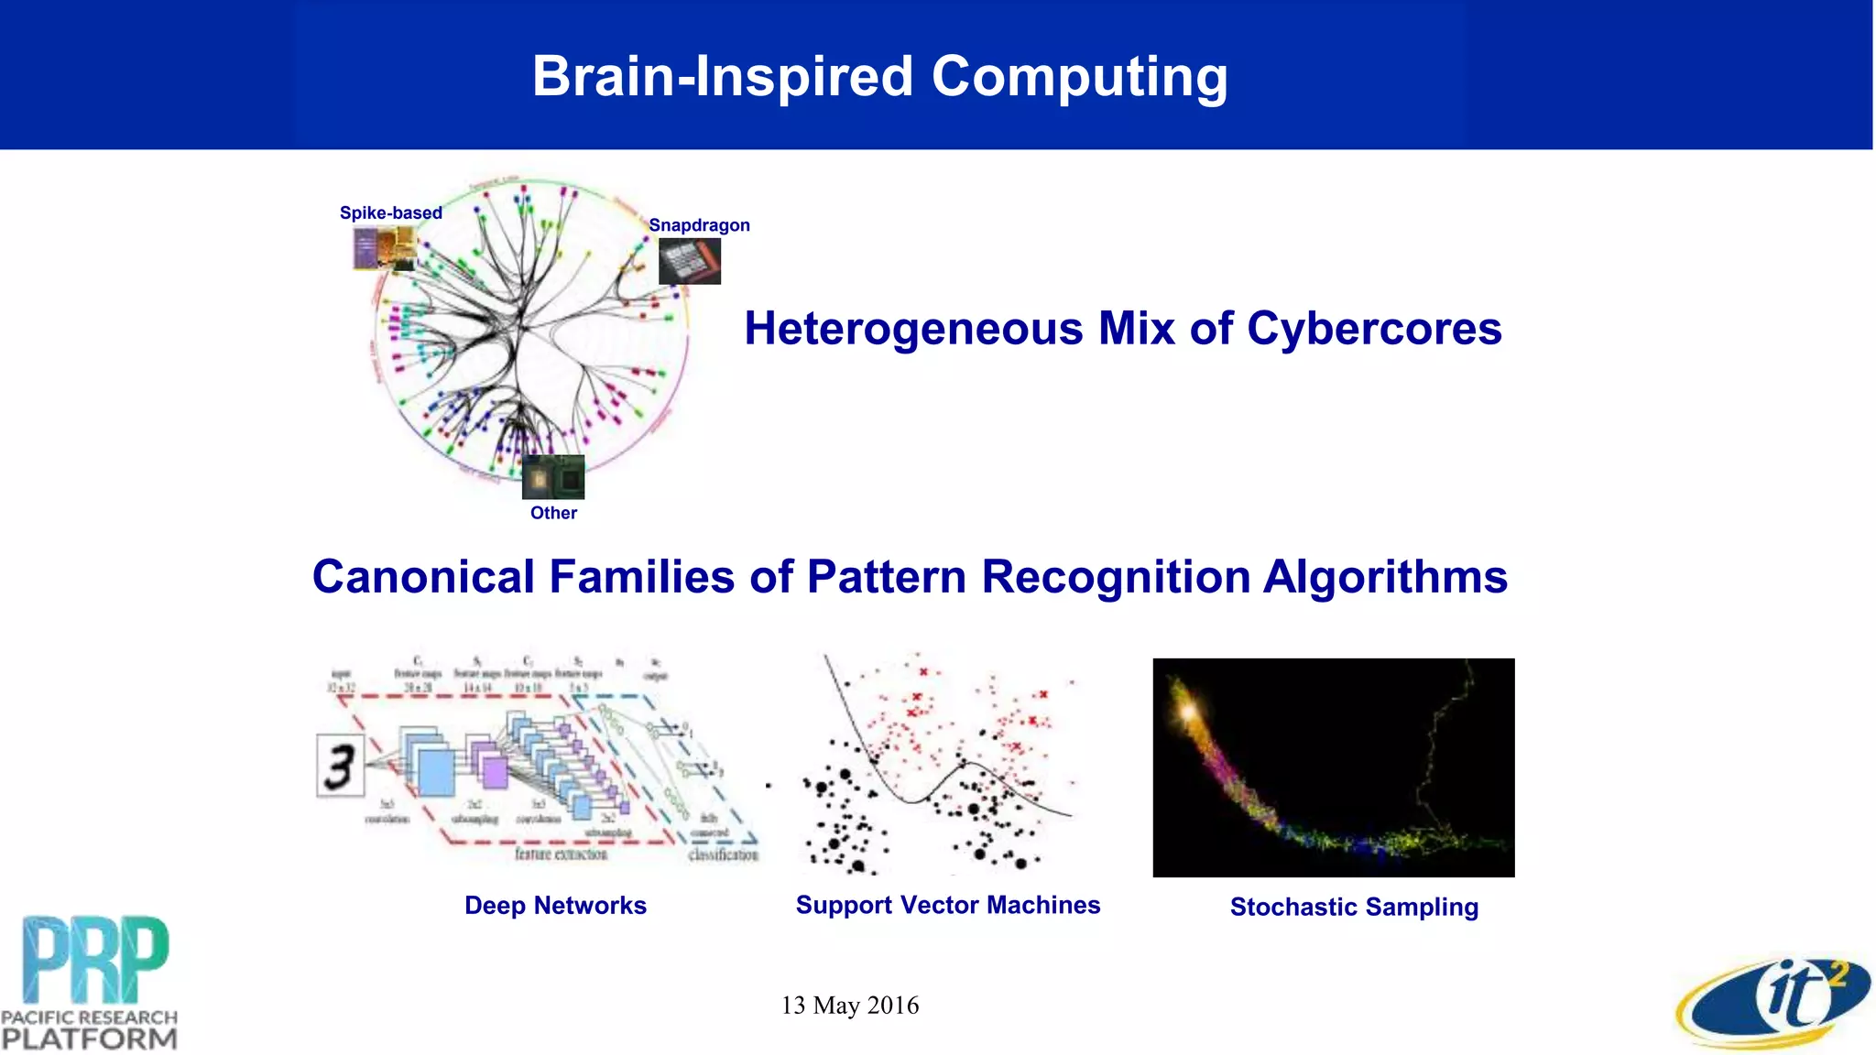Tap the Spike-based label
390,212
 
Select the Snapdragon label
699,225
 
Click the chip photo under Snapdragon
690,262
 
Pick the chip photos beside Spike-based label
385,248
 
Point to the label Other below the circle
553,513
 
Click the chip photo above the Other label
553,477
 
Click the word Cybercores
1374,329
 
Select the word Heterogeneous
913,329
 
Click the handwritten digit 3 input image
340,766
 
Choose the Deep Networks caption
555,906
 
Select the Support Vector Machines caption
948,905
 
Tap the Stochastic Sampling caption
1354,907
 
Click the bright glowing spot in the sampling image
1188,710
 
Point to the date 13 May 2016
850,1006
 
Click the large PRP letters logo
95,960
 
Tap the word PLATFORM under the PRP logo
89,1039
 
